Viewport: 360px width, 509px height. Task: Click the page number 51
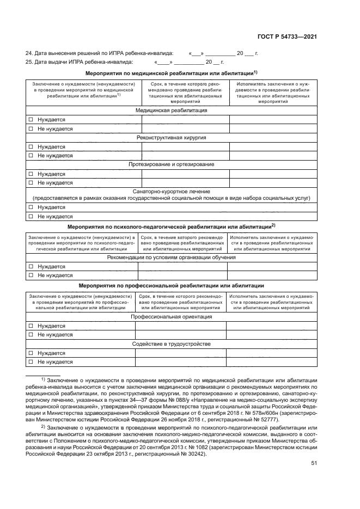coord(314,464)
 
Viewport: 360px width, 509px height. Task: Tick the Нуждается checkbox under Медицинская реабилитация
coord(31,120)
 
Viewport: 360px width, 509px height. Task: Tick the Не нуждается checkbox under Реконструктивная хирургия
coord(31,156)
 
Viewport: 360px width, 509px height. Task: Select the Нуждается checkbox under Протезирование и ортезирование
coord(31,174)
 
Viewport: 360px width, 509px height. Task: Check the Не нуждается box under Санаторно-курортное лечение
coord(31,216)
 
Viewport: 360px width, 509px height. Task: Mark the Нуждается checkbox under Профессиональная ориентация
coord(31,326)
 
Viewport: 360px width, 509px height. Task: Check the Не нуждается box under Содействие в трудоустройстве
coord(31,362)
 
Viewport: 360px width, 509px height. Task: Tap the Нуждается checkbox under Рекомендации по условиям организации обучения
coord(31,267)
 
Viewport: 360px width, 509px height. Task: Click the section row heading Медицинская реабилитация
coord(171,111)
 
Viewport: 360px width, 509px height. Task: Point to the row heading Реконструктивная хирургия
coord(171,138)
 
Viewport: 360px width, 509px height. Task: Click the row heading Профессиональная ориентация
coord(171,317)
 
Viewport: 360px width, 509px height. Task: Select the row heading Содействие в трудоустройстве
coord(171,344)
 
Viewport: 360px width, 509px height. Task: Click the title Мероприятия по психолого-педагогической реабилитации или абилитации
coord(171,226)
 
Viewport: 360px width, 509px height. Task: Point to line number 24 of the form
coord(29,53)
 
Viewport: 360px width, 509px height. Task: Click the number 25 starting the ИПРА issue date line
coord(29,62)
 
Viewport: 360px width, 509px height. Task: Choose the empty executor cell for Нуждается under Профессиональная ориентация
coord(271,326)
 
